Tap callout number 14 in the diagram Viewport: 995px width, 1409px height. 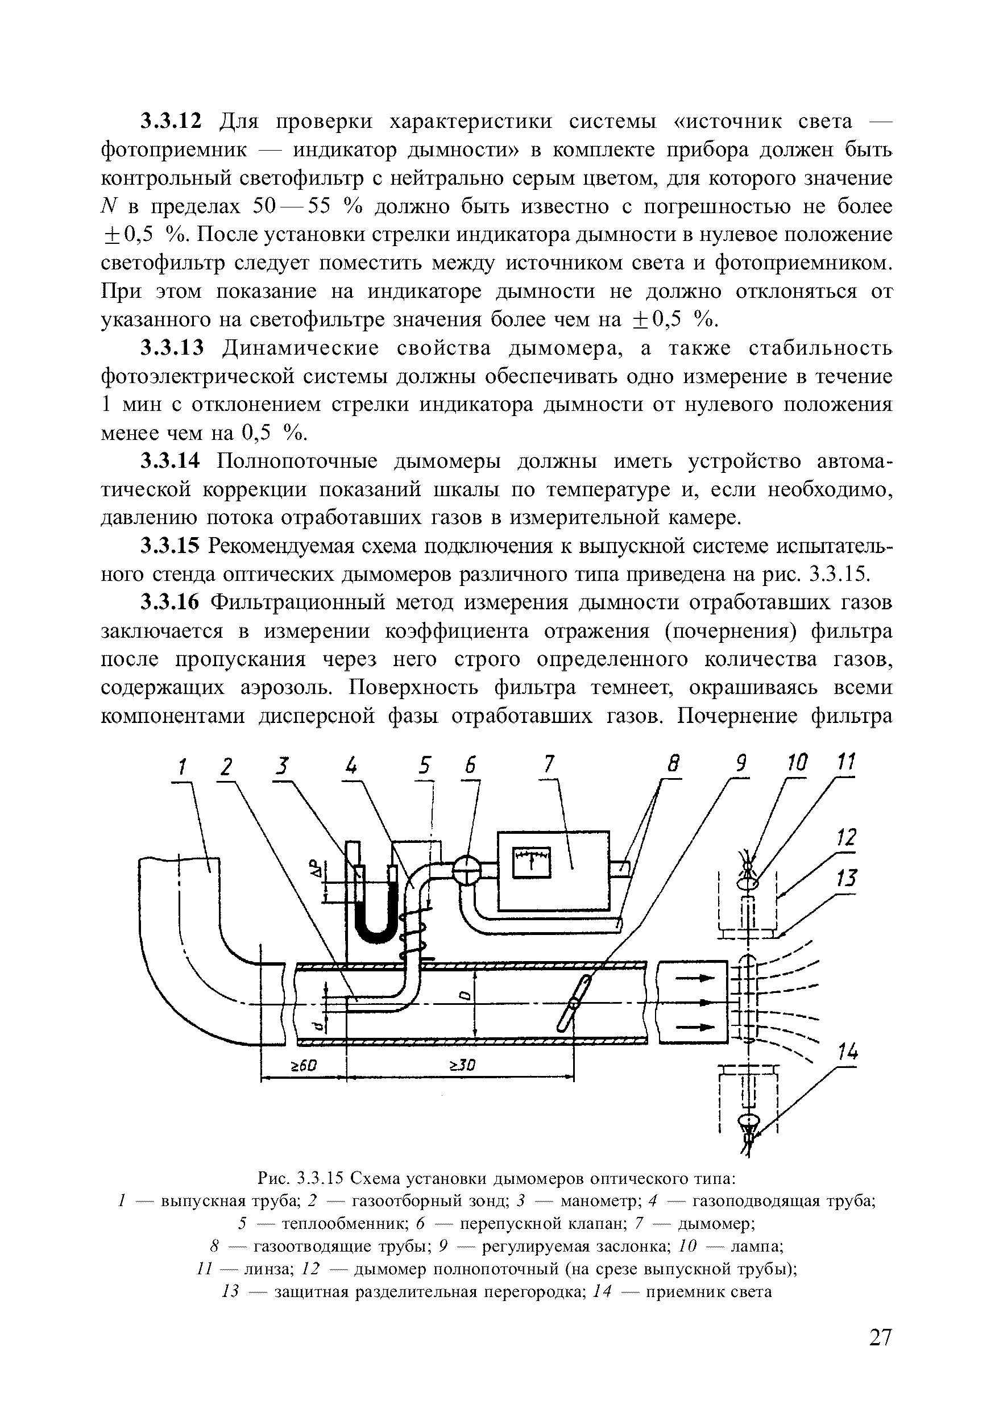coord(848,1054)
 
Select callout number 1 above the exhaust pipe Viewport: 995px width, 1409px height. coord(183,767)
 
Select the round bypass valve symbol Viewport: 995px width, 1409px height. coord(468,870)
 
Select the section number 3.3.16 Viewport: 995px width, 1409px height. coord(171,603)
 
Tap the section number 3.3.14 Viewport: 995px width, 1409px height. coord(171,462)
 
